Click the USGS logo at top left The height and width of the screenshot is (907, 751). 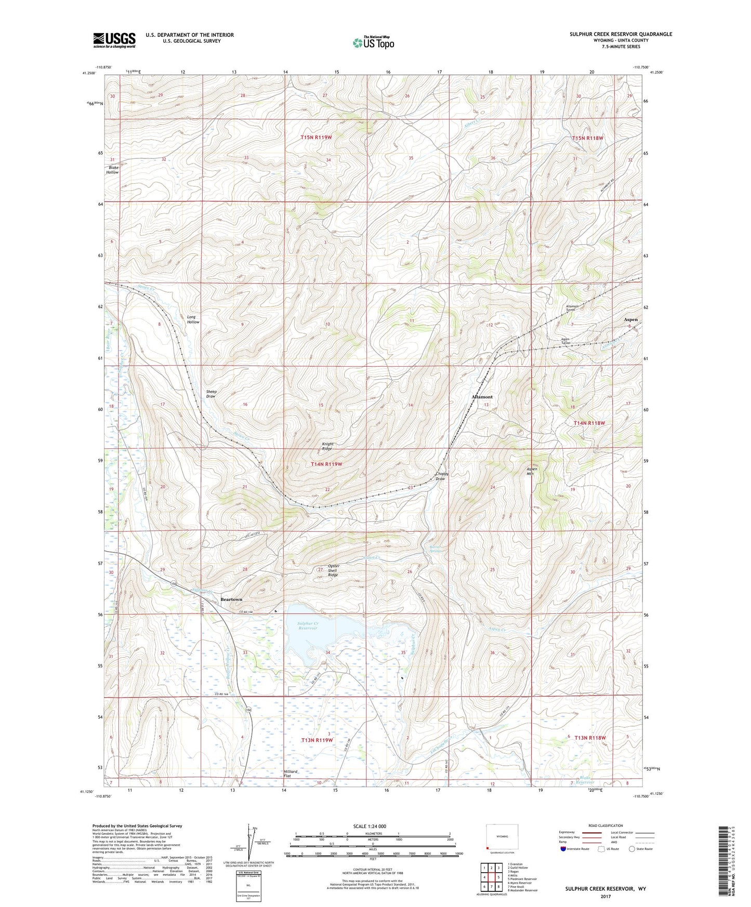pos(114,40)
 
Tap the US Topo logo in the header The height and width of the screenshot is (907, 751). pos(373,43)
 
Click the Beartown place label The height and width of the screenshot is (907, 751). pos(231,599)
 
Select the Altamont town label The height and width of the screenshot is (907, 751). pos(482,397)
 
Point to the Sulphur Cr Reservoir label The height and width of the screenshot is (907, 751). pos(308,625)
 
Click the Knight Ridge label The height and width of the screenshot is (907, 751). pos(327,446)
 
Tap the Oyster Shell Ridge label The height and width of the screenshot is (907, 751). pos(333,570)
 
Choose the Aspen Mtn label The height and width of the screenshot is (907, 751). pos(532,471)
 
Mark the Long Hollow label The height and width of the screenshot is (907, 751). pos(193,319)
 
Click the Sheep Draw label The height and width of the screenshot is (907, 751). pos(211,394)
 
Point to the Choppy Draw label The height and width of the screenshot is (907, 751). pos(441,476)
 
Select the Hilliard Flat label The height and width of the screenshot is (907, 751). pos(291,773)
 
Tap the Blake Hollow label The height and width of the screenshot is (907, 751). pos(113,170)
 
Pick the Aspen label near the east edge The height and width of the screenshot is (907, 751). pos(630,319)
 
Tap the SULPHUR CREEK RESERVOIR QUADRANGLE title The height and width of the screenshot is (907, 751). pos(621,34)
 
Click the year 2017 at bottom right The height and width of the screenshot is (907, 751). pos(605,896)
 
